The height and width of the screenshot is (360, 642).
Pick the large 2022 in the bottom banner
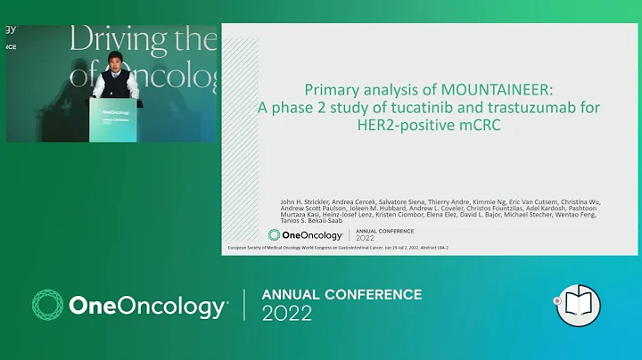point(286,314)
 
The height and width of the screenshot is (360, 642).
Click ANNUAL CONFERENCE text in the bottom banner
point(342,295)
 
